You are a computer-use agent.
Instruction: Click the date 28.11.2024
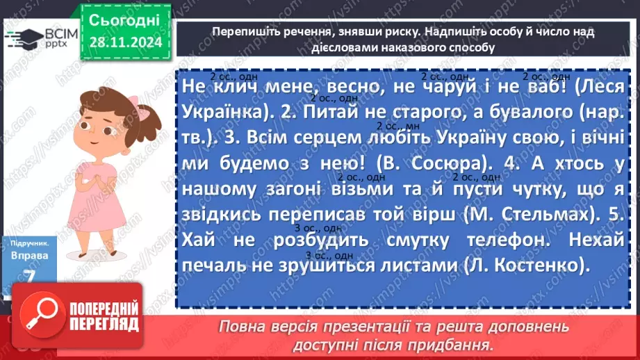coord(124,42)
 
